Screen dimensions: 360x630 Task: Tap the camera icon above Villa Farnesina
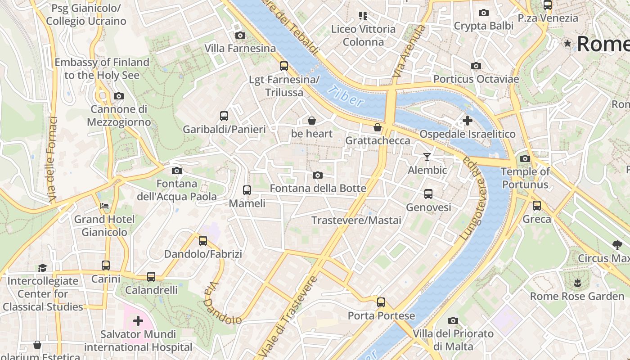click(240, 35)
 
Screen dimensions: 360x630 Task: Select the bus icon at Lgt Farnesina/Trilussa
click(284, 66)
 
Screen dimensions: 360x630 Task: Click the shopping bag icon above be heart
click(311, 121)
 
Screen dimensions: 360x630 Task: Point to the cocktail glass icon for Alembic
click(427, 157)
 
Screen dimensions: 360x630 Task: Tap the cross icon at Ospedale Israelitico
click(468, 121)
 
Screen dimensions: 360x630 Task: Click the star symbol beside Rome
click(568, 44)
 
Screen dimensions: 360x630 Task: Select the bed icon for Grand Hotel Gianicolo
click(104, 206)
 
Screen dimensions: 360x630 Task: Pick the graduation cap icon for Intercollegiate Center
click(42, 268)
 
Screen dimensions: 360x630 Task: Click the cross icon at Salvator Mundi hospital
click(138, 321)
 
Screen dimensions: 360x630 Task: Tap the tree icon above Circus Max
click(617, 245)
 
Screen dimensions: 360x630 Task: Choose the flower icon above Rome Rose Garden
click(577, 283)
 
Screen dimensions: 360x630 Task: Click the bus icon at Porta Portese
click(381, 302)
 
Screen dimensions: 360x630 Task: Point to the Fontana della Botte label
click(318, 188)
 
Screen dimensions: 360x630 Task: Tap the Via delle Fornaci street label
click(52, 159)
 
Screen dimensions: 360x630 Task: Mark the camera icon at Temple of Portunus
click(525, 158)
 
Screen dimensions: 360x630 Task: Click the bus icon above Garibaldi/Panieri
click(224, 116)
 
